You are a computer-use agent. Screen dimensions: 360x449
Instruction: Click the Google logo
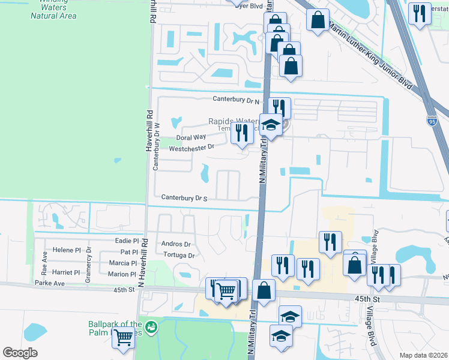coord(20,353)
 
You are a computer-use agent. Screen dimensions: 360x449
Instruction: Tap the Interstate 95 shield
coord(433,122)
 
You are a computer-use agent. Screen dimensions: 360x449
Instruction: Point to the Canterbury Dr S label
coord(184,198)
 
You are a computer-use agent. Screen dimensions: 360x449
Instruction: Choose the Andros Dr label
coord(176,244)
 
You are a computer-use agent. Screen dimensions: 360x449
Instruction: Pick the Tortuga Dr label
coord(179,256)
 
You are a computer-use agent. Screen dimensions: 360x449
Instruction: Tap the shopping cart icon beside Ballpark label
coord(124,338)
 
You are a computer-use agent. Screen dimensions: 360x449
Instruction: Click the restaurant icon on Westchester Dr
coord(242,133)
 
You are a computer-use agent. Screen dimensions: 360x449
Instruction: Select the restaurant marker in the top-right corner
coord(420,13)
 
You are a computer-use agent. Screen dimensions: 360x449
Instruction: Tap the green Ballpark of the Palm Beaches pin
coord(152,326)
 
